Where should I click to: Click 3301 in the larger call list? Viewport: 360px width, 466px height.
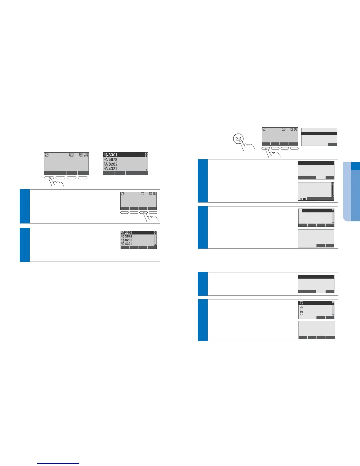[113, 155]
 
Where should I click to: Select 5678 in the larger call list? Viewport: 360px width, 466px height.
[113, 159]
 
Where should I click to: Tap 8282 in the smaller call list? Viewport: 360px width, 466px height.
[129, 240]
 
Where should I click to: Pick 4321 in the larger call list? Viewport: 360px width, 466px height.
[113, 169]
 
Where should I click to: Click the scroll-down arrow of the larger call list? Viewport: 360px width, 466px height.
[146, 170]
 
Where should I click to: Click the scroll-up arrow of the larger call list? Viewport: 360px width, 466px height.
[146, 154]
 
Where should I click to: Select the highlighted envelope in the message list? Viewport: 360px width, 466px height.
[301, 303]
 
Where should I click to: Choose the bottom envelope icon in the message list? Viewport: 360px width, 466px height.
[301, 314]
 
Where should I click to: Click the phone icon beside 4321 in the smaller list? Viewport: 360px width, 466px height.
[123, 244]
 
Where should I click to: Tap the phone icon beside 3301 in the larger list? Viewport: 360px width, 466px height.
[106, 155]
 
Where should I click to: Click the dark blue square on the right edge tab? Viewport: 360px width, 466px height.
[356, 166]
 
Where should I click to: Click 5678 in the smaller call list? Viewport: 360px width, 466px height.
[129, 237]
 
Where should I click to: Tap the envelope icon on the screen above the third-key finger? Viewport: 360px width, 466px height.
[143, 194]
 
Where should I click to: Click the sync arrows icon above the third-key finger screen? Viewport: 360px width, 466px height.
[123, 194]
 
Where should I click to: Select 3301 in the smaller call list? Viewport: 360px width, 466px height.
[129, 233]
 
